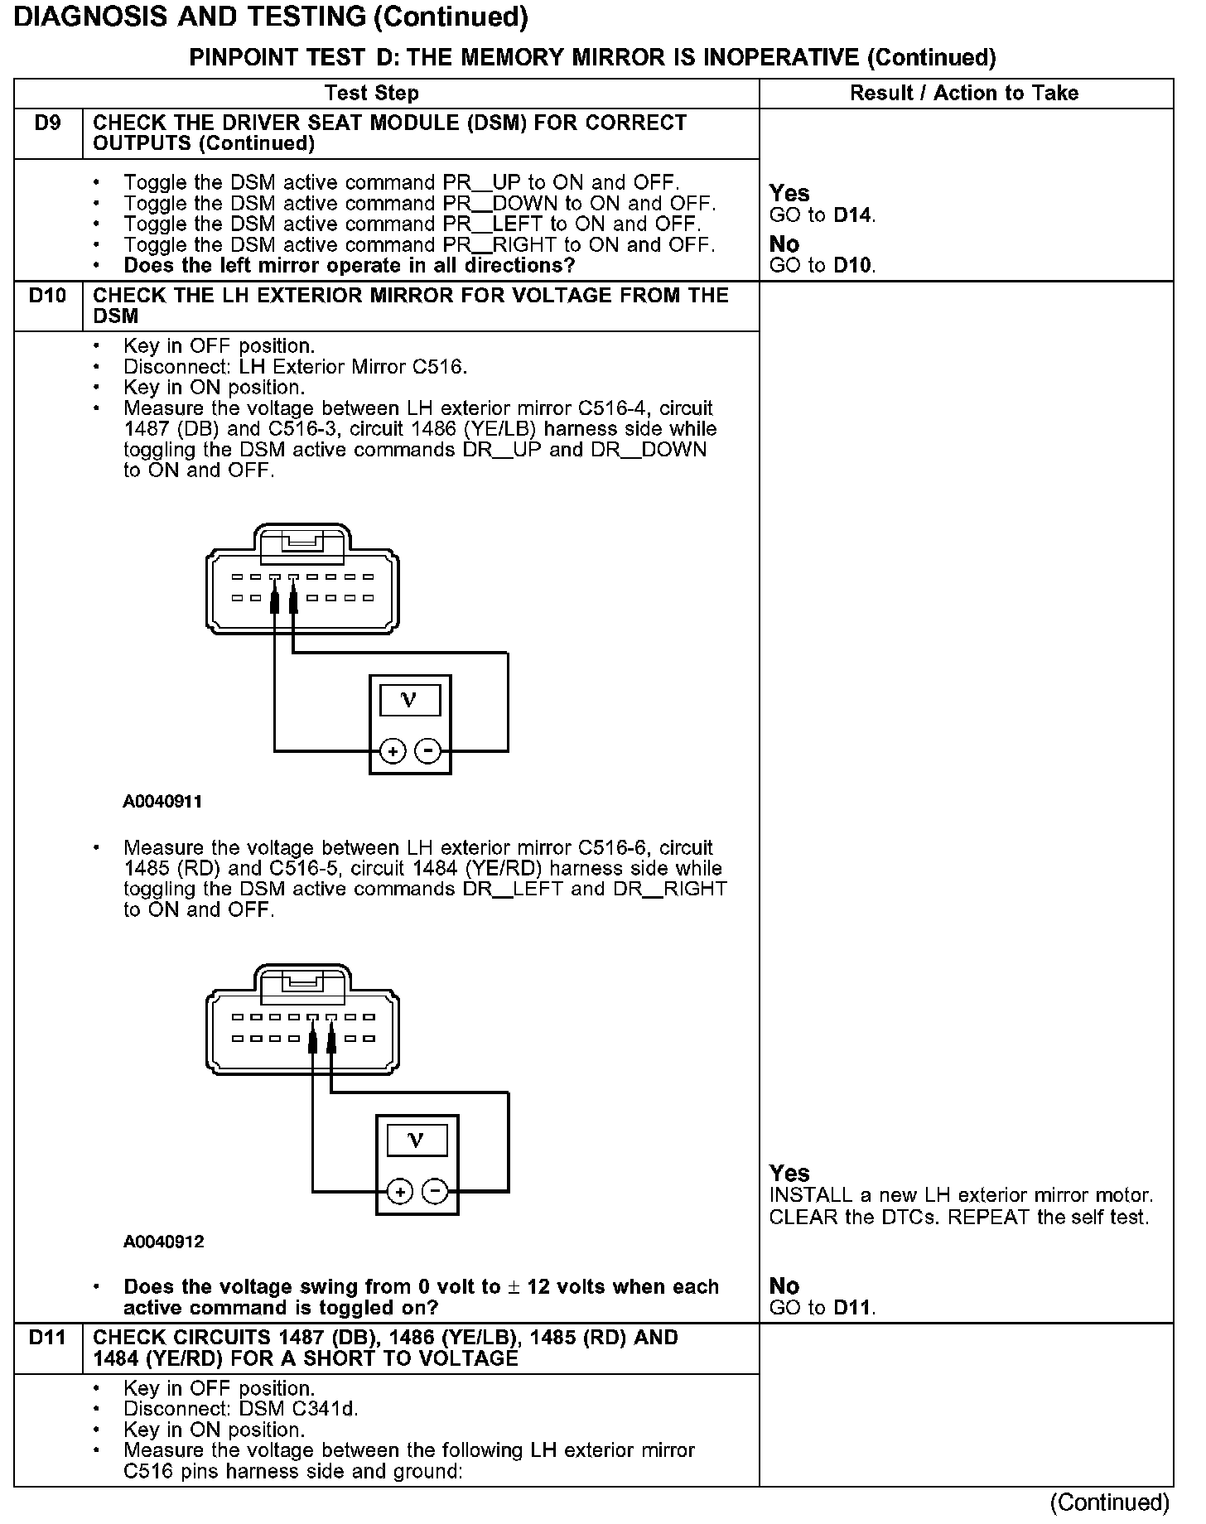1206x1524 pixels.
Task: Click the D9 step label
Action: point(47,123)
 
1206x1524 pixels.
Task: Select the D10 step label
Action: point(47,296)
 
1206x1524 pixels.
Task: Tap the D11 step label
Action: point(47,1338)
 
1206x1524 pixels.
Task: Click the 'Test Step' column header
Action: point(371,93)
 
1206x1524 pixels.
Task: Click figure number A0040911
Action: point(163,802)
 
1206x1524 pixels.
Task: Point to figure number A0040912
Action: point(163,1242)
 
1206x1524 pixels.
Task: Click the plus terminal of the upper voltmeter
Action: point(393,751)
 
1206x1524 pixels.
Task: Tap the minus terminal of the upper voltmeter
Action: point(427,751)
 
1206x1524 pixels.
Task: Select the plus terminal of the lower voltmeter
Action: point(400,1192)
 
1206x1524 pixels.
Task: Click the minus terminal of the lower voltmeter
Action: point(435,1192)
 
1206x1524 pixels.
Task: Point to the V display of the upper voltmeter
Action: point(409,701)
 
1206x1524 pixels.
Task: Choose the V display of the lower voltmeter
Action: point(417,1141)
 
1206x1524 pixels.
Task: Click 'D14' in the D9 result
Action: point(853,215)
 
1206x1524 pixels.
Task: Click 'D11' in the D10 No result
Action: point(853,1308)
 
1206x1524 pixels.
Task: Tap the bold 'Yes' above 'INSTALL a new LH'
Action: point(789,1173)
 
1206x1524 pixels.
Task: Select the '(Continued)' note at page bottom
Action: point(1109,1502)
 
